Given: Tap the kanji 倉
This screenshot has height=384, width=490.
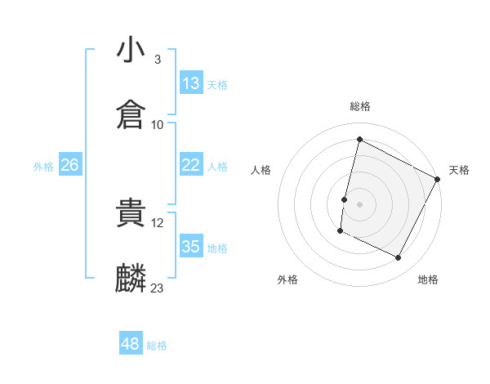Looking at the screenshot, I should click(131, 114).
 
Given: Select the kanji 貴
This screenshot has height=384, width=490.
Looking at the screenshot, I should click(131, 214).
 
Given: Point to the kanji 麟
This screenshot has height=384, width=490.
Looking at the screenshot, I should click(131, 279).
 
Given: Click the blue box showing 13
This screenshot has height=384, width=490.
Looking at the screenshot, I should click(191, 83).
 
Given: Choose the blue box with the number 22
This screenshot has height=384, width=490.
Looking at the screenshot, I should click(191, 165).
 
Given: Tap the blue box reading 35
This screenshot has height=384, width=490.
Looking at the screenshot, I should click(191, 247).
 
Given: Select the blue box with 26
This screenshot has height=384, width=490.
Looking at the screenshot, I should click(69, 165).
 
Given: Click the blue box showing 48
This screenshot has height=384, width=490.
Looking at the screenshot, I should click(131, 344).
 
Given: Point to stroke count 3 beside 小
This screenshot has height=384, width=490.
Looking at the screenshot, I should click(157, 60).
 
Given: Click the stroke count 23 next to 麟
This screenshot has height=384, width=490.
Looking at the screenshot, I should click(157, 288).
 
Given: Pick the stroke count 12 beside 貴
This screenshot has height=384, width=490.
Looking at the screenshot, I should click(157, 222).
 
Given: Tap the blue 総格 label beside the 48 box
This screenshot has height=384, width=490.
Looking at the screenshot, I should click(157, 346).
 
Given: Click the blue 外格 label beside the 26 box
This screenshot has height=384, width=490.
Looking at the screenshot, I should click(43, 166).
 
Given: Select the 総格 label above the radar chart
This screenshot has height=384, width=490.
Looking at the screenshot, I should click(360, 106).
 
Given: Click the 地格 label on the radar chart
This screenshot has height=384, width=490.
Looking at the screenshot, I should click(428, 279).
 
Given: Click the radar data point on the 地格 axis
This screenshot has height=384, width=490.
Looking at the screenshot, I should click(399, 258).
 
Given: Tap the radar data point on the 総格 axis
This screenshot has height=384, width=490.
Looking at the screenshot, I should click(359, 140).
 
